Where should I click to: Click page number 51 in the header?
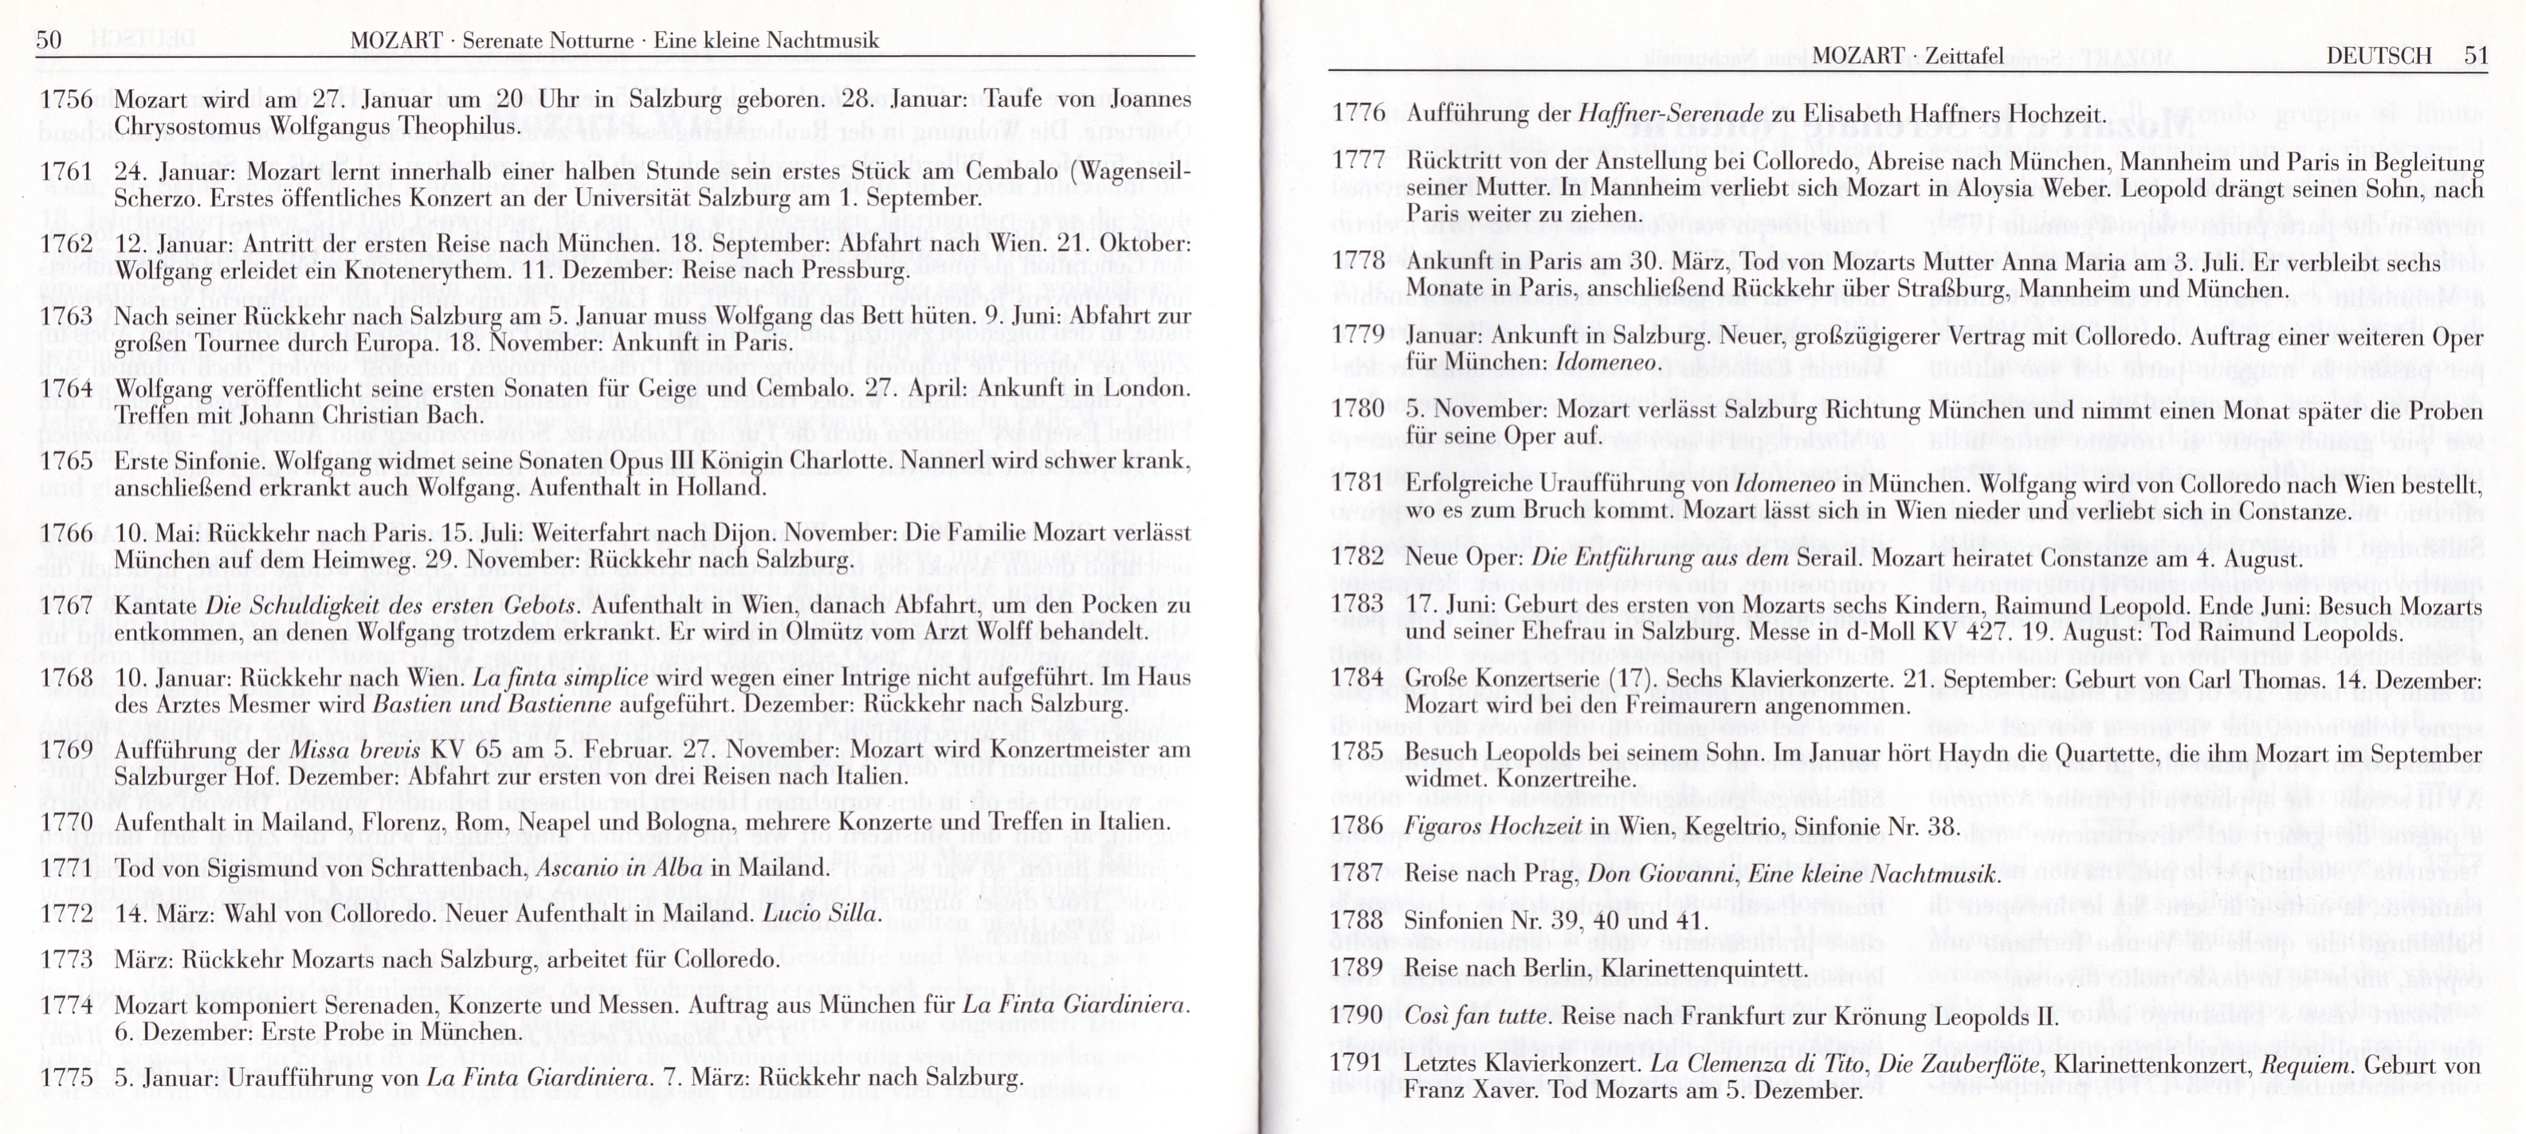(2475, 56)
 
